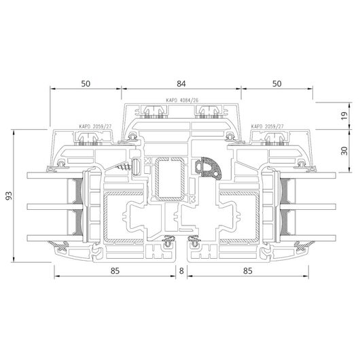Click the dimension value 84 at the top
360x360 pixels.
[x=181, y=84]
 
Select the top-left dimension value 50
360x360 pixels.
[x=86, y=84]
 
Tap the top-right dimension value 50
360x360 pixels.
[x=277, y=84]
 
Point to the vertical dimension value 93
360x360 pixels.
[x=9, y=196]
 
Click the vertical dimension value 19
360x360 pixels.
[x=344, y=115]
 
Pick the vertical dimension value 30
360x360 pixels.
[x=344, y=151]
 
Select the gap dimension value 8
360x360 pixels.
[x=181, y=271]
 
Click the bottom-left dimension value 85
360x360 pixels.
[x=115, y=271]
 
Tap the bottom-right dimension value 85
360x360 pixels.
[x=248, y=271]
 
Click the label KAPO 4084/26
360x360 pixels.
[x=182, y=101]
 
